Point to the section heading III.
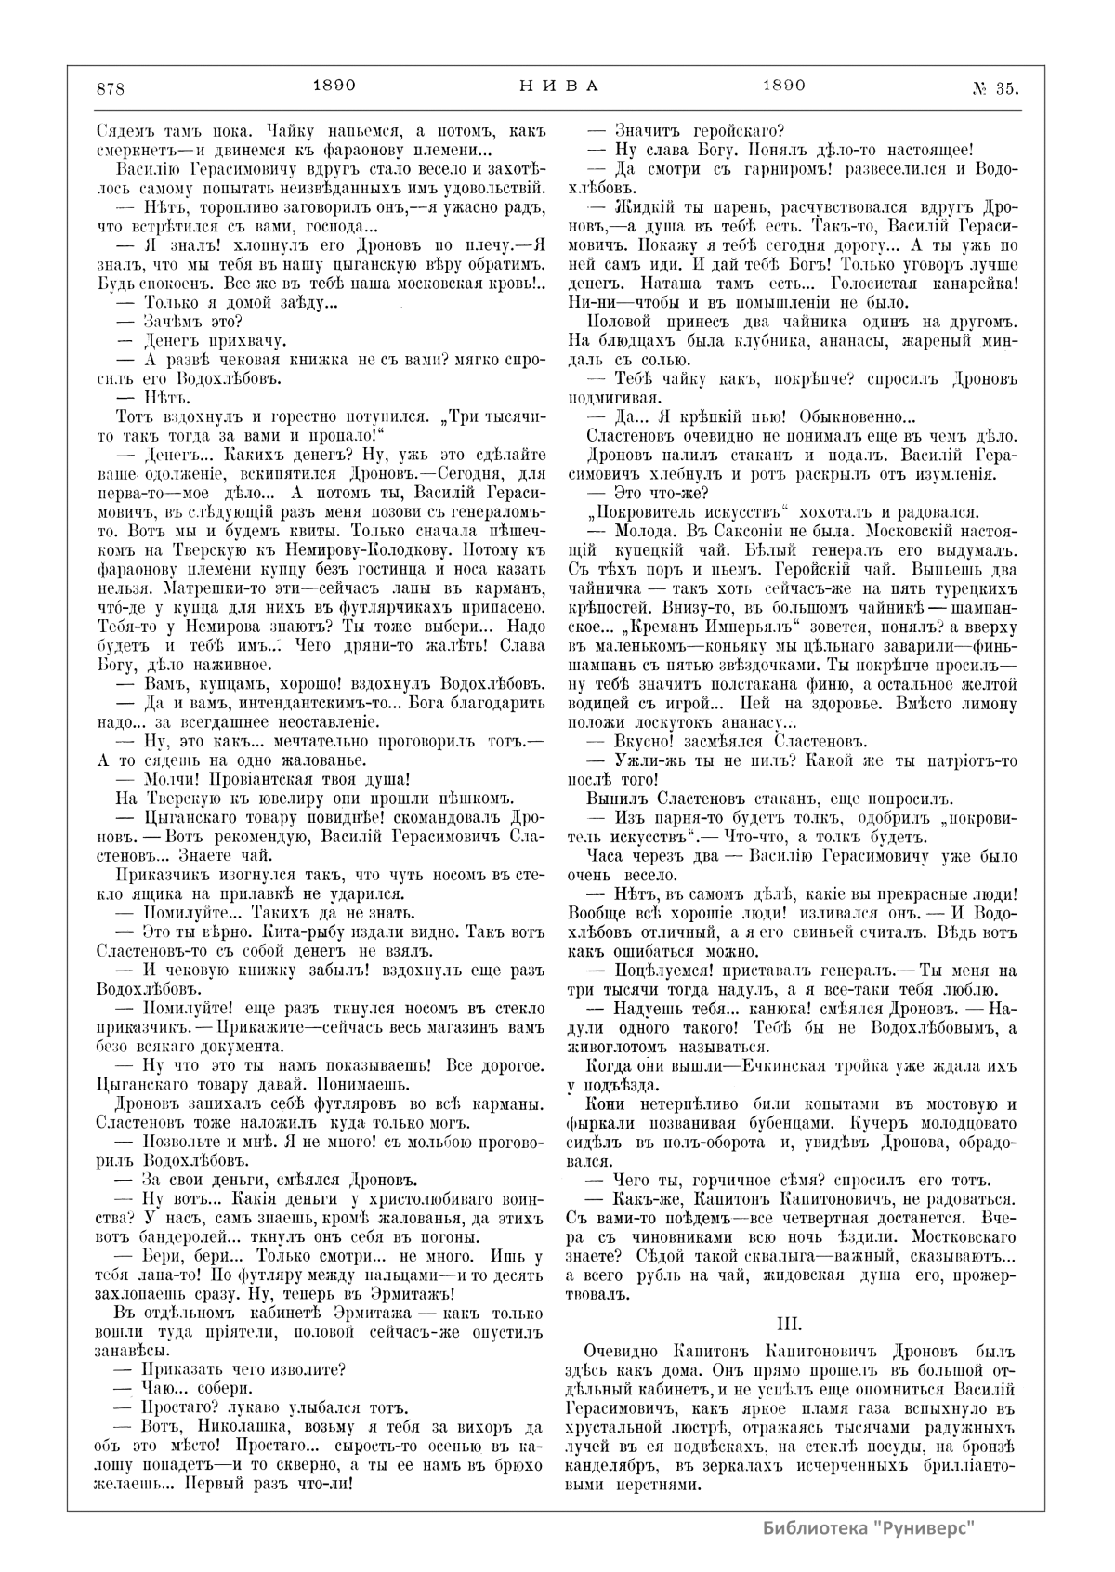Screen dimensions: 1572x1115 [788, 1321]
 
